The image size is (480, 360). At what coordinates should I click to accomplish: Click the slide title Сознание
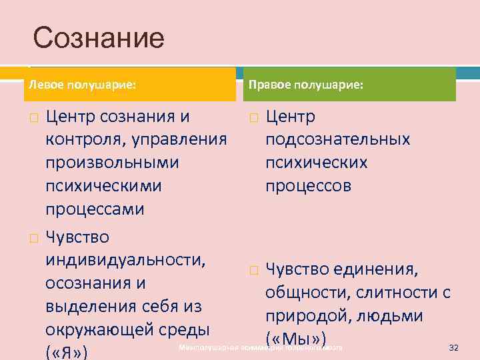coord(98,38)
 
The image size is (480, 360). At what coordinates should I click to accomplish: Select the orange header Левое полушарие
coord(81,85)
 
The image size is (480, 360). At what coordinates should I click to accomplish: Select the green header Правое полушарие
coord(306,85)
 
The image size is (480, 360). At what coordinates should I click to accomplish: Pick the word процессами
coord(95,209)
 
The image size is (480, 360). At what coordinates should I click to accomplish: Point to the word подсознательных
coord(337,140)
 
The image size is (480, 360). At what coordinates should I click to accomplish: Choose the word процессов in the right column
coord(308,186)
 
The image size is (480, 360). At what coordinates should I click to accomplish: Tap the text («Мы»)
coord(295,337)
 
